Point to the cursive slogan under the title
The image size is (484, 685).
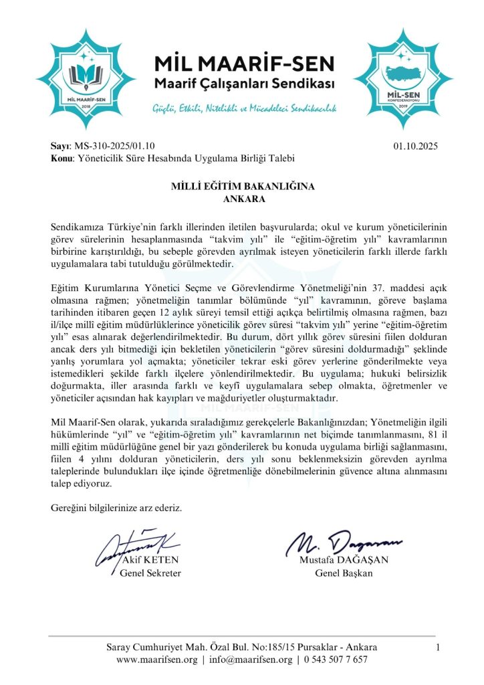[x=244, y=108]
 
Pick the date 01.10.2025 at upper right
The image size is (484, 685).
[x=416, y=146]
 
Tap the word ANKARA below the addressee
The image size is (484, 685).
[x=242, y=198]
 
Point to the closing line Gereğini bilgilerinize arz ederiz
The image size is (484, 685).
[x=116, y=508]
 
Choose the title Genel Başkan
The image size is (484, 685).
[x=344, y=573]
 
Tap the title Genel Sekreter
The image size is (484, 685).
[x=150, y=573]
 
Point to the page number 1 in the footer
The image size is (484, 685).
[x=438, y=647]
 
